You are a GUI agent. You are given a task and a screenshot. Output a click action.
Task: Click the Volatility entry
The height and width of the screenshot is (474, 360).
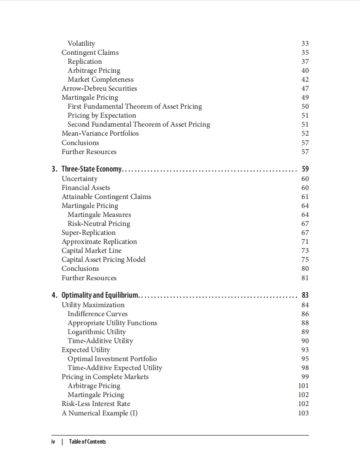point(81,43)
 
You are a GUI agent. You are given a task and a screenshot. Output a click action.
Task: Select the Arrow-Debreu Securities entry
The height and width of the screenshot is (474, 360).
point(99,89)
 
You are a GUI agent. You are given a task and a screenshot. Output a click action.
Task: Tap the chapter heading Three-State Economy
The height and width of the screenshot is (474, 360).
point(92,169)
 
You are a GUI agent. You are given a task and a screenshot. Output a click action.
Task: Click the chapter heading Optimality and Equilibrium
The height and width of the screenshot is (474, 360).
point(100,295)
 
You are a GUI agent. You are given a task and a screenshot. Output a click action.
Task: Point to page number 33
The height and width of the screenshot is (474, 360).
point(305,44)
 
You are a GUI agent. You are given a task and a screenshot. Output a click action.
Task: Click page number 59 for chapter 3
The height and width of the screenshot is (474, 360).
point(305,169)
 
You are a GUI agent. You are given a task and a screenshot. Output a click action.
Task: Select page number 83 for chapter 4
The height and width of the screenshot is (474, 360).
point(305,295)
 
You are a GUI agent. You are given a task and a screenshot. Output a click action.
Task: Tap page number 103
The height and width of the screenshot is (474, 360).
point(303,413)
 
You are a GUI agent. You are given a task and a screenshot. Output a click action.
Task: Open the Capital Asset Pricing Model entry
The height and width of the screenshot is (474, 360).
point(103,260)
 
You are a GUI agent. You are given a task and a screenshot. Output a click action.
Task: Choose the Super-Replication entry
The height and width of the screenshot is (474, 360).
point(89,233)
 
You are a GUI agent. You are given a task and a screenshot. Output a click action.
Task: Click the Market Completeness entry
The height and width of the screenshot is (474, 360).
point(100,80)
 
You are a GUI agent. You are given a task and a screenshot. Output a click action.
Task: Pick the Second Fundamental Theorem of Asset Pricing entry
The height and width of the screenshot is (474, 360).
point(139,124)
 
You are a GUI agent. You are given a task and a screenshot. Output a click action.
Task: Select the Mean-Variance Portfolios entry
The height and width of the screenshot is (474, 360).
point(100,133)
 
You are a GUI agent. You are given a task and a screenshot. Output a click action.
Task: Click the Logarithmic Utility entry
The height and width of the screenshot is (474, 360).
point(97,332)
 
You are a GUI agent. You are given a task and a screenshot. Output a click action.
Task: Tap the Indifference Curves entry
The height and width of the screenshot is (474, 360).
point(97,314)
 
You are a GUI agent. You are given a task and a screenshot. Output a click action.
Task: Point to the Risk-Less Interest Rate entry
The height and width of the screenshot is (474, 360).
point(96,404)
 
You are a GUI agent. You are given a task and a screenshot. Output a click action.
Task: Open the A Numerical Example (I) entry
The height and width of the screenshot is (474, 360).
point(100,413)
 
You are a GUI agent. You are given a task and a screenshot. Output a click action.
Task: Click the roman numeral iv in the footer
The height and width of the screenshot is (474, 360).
point(53,441)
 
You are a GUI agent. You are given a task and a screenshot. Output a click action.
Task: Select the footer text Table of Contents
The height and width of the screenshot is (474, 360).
point(87,441)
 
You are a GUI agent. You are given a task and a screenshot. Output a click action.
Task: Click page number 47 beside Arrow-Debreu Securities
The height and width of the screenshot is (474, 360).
point(305,89)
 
